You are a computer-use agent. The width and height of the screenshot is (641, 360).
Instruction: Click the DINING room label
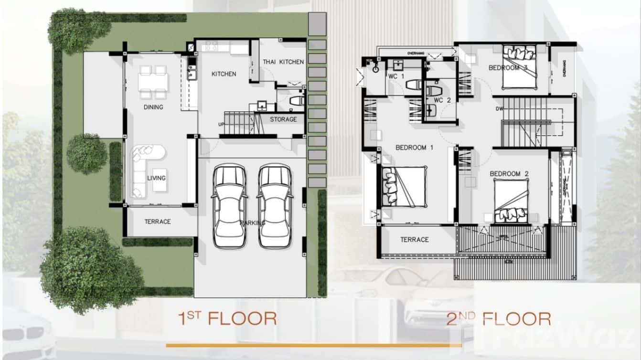click(153, 107)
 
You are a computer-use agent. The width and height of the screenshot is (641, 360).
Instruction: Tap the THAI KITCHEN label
click(283, 62)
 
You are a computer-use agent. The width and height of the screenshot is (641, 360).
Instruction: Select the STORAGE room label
click(283, 119)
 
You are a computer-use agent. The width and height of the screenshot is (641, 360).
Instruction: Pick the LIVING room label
click(156, 178)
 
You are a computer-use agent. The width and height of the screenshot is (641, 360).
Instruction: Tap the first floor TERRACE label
click(158, 222)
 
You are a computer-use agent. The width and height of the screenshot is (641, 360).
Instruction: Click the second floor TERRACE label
click(414, 240)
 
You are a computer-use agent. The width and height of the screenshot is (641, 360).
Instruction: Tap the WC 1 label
click(396, 76)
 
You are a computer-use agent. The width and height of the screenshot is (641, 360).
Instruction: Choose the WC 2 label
click(442, 100)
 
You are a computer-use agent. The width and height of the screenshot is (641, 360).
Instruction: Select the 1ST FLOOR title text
click(227, 318)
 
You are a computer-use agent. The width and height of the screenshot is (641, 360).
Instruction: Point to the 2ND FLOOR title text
click(499, 318)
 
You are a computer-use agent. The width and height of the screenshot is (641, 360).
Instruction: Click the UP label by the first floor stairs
click(221, 124)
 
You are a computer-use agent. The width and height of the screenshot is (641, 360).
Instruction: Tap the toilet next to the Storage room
click(297, 101)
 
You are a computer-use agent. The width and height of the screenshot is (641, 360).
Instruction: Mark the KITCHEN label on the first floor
click(224, 74)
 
